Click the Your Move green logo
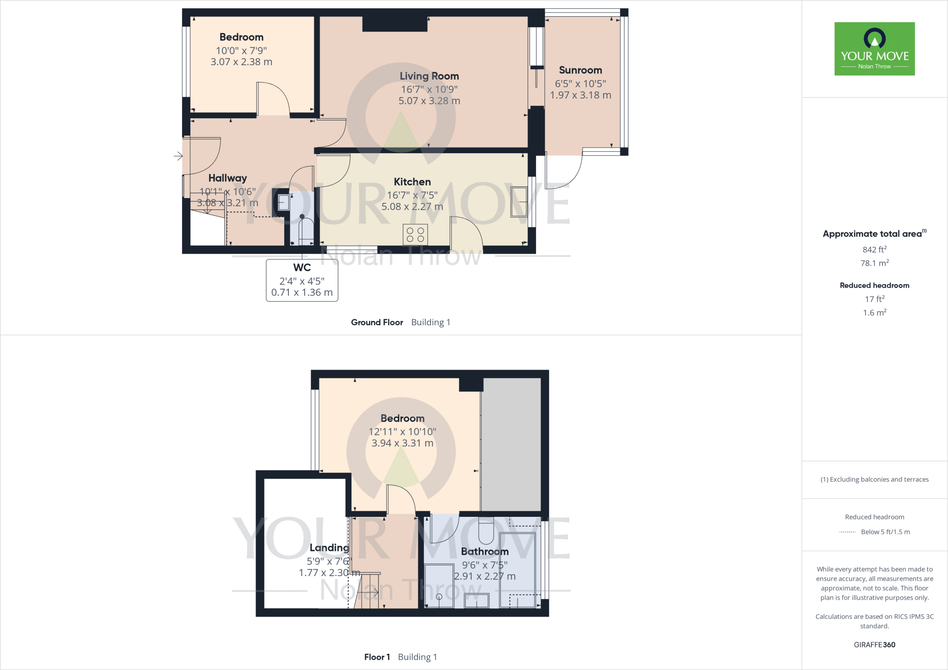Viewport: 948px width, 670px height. click(874, 49)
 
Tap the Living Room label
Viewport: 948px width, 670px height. click(429, 76)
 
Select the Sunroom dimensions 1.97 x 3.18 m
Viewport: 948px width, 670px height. click(580, 95)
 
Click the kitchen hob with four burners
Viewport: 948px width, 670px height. click(415, 235)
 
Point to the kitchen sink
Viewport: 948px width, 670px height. click(518, 202)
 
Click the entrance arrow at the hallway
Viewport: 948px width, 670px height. click(178, 156)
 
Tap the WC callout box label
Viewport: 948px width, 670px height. click(302, 267)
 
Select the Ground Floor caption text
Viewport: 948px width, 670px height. click(377, 323)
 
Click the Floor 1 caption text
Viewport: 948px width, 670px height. click(377, 657)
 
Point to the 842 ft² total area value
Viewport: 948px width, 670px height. click(874, 249)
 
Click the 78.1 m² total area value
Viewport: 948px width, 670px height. click(874, 263)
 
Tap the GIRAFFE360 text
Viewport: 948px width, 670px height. click(874, 645)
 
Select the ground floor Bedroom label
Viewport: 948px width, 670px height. click(241, 37)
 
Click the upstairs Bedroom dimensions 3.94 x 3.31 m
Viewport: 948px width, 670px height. click(402, 443)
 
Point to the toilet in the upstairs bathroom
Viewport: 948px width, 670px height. click(486, 532)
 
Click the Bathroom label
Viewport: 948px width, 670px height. click(485, 552)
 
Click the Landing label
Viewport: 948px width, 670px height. click(329, 548)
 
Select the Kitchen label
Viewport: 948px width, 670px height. click(412, 182)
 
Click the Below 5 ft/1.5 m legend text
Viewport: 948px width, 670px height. click(885, 532)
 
